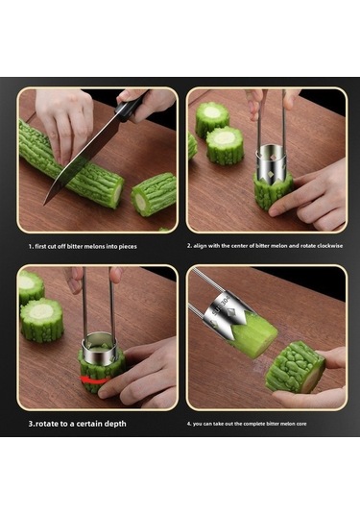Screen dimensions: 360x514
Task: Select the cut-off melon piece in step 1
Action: pyautogui.click(x=154, y=193)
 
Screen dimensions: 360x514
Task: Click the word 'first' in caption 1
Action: pyautogui.click(x=40, y=246)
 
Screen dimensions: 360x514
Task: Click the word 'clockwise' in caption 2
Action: pyautogui.click(x=329, y=246)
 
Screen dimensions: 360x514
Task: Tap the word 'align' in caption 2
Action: pyautogui.click(x=200, y=246)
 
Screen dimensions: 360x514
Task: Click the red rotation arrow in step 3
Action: pyautogui.click(x=95, y=379)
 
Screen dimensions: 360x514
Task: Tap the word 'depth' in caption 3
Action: pyautogui.click(x=115, y=424)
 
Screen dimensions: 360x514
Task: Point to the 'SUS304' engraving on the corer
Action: pyautogui.click(x=222, y=306)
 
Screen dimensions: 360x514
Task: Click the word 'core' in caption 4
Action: pyautogui.click(x=302, y=424)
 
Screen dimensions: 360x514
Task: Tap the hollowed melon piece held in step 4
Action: pyautogui.click(x=295, y=366)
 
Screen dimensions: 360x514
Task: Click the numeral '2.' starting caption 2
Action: pyautogui.click(x=189, y=246)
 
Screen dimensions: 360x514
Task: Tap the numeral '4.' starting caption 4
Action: pyautogui.click(x=189, y=424)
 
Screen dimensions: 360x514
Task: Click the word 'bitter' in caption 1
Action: pyautogui.click(x=75, y=246)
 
